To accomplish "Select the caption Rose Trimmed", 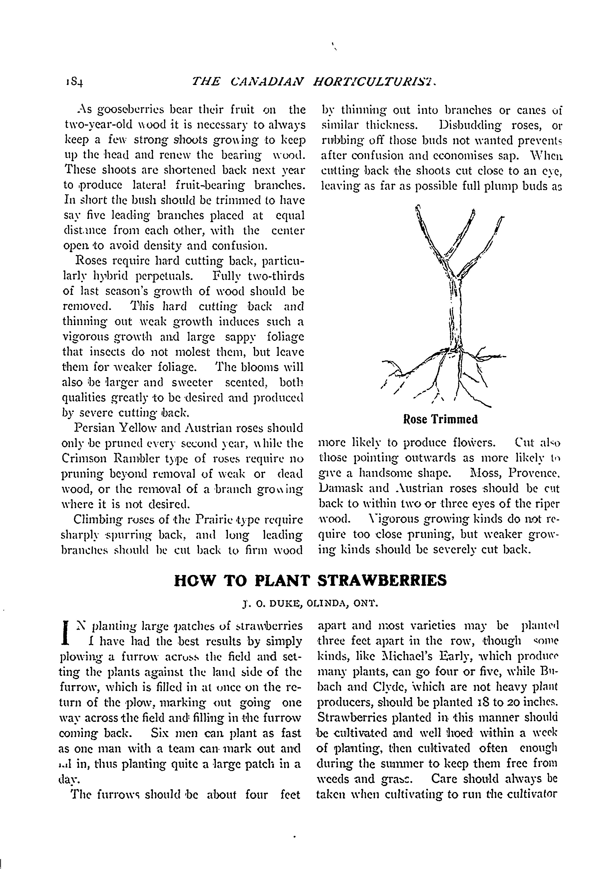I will (440, 420).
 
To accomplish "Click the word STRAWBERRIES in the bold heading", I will (382, 581).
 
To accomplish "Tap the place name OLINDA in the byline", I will (328, 603).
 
